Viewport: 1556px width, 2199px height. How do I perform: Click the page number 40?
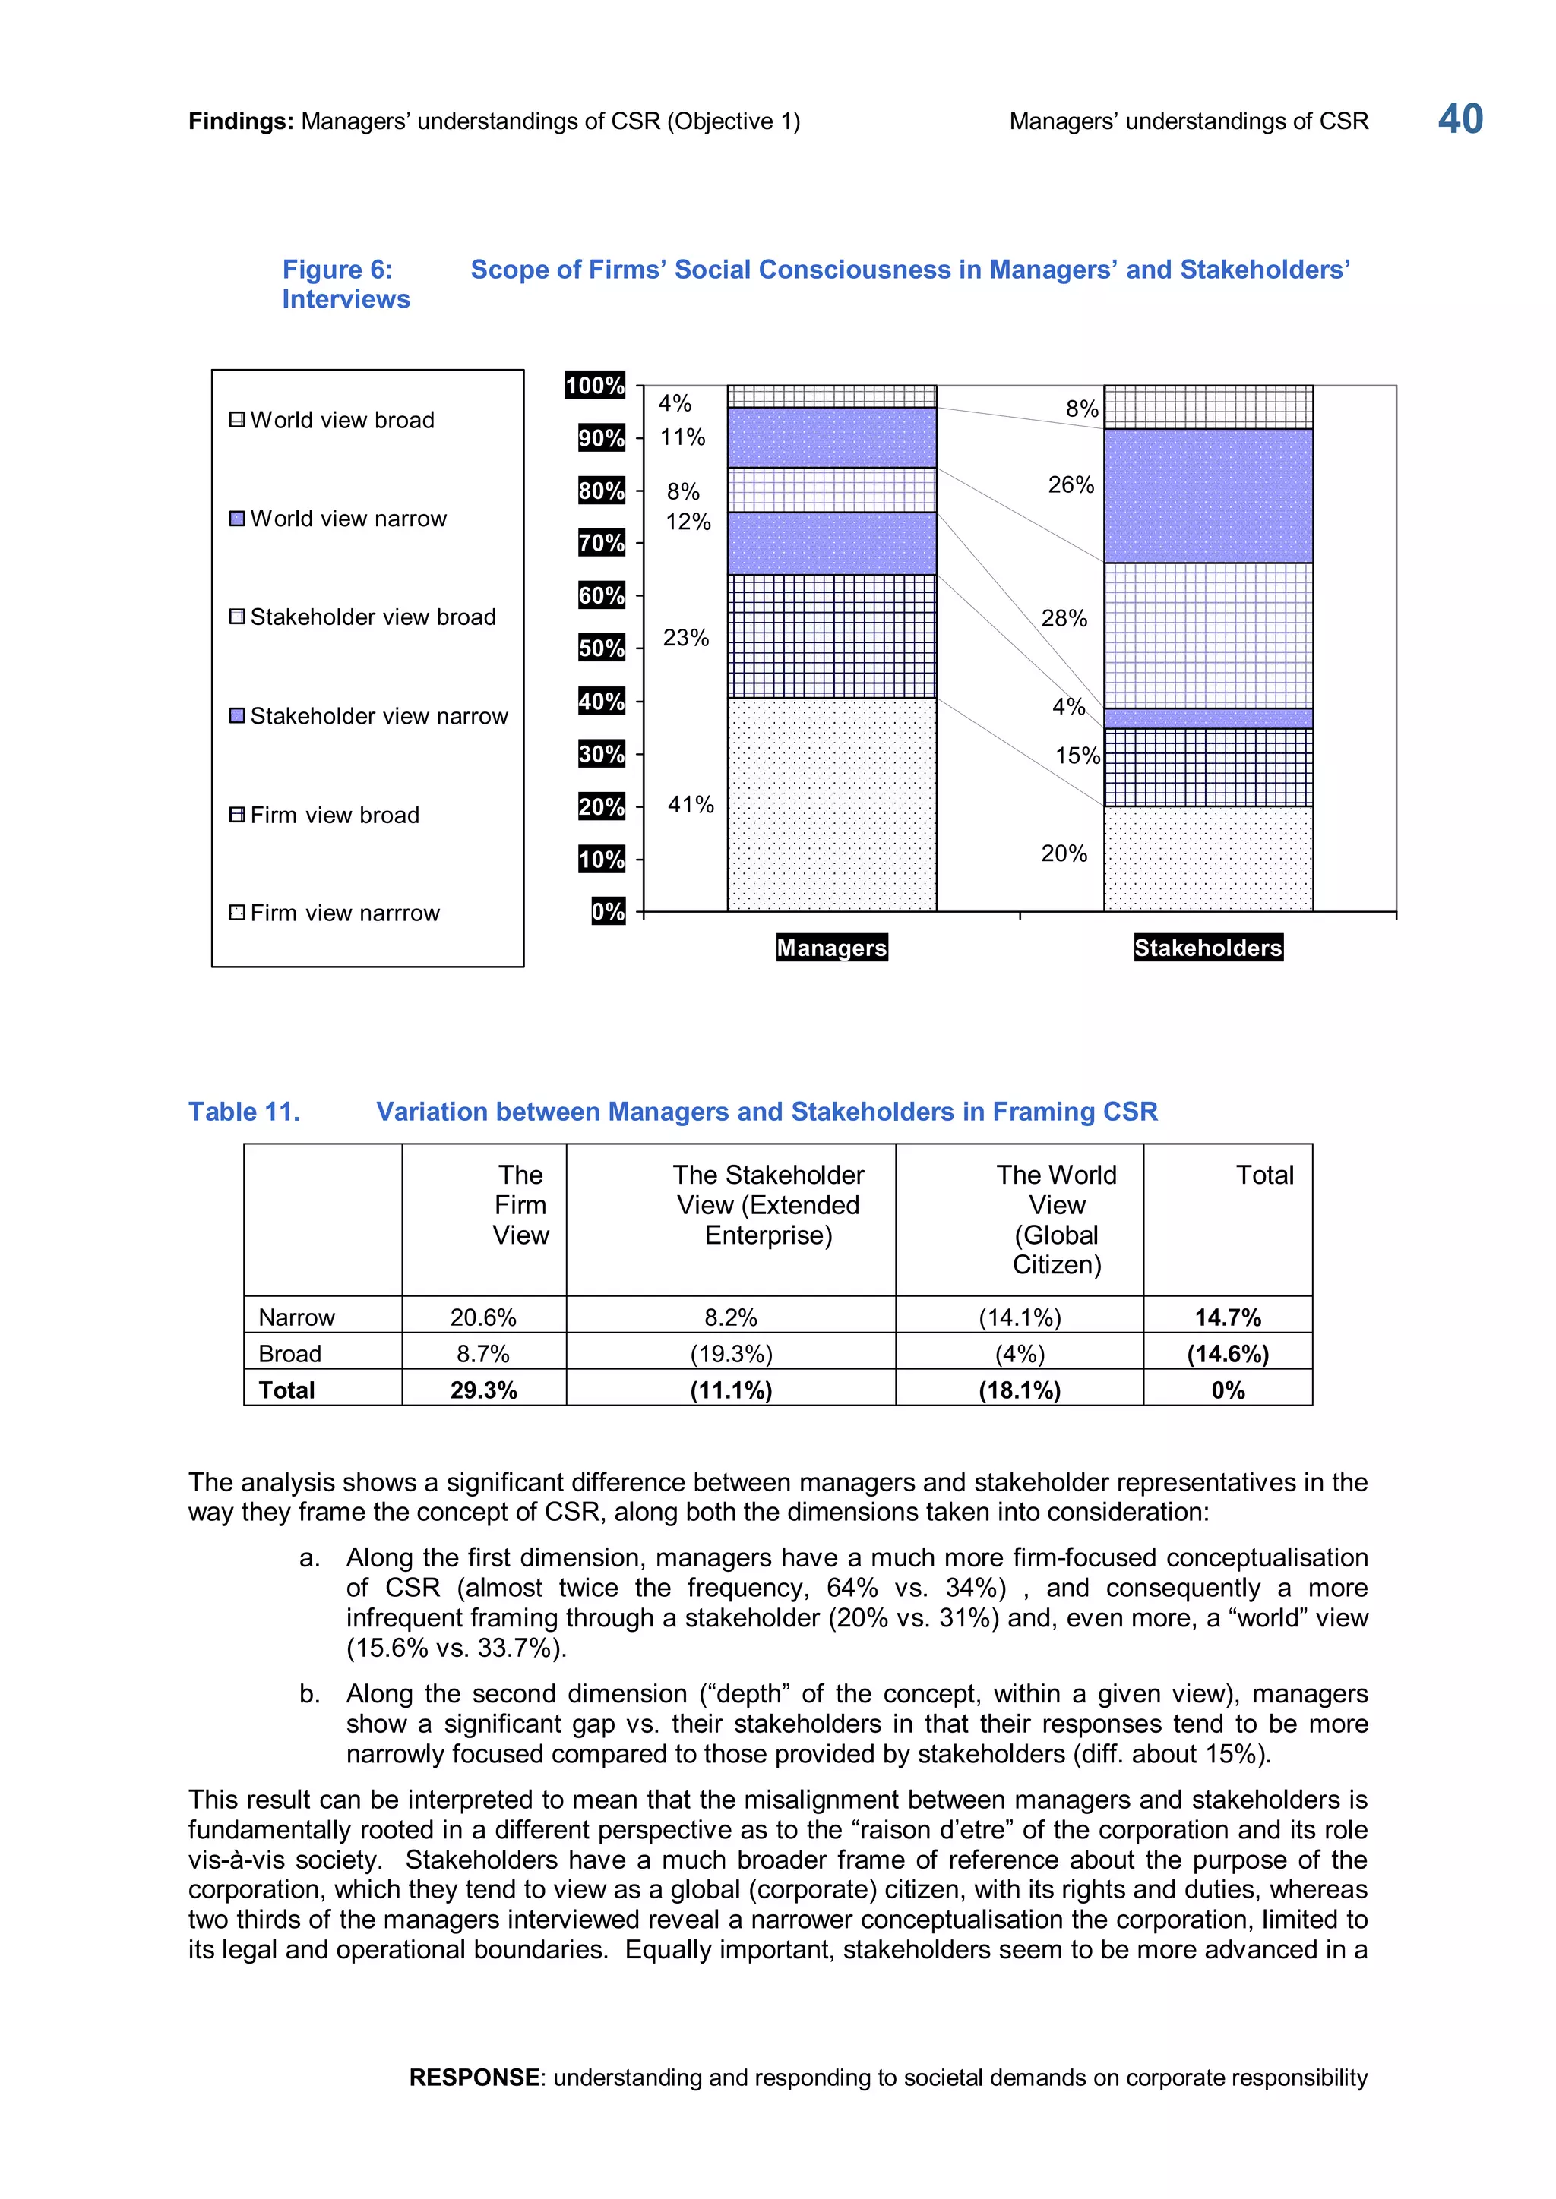click(1460, 120)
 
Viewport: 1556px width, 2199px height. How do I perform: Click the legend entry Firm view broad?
click(334, 815)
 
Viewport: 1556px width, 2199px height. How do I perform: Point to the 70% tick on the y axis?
click(601, 543)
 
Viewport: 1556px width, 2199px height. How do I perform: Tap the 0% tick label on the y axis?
click(608, 911)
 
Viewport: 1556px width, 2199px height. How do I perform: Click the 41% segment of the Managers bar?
click(832, 805)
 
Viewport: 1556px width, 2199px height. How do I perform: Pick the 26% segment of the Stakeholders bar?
click(1207, 495)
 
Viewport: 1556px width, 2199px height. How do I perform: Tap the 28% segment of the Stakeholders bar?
click(1207, 635)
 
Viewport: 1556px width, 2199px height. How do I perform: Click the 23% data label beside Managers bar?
click(686, 638)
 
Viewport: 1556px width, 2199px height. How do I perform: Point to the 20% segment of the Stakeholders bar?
click(1207, 858)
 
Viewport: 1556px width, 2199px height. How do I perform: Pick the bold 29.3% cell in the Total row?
click(483, 1390)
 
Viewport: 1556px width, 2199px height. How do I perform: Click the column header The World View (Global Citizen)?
click(1056, 1219)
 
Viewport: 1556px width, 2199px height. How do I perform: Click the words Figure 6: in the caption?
click(337, 270)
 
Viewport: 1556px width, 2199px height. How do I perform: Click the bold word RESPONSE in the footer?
click(473, 2078)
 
